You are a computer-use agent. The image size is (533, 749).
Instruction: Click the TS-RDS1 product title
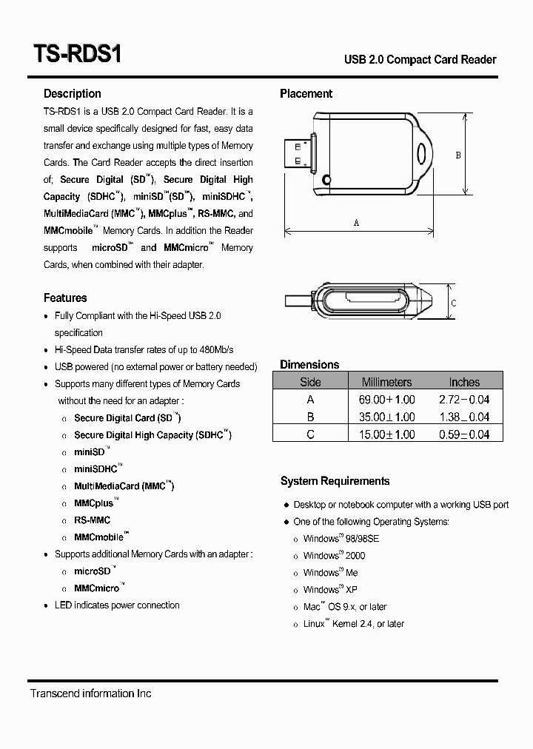[77, 56]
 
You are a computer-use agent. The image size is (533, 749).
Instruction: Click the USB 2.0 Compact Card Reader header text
[420, 59]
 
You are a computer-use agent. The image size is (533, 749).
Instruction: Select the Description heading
[72, 93]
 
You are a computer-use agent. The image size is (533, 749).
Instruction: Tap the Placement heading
[306, 93]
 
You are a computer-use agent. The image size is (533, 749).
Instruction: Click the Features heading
[65, 298]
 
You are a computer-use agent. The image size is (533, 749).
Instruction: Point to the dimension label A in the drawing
[356, 223]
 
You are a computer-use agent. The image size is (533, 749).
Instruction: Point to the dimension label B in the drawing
[458, 155]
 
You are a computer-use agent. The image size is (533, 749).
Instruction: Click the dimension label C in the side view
[454, 303]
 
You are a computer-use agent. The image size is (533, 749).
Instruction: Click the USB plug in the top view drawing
[298, 153]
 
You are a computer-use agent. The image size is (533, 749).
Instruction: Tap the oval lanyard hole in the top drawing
[423, 154]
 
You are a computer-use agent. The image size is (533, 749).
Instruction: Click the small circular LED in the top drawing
[326, 179]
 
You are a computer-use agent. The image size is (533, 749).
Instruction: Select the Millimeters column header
[386, 382]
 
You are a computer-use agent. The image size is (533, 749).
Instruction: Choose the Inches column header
[464, 382]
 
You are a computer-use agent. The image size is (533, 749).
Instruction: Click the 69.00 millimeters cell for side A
[386, 399]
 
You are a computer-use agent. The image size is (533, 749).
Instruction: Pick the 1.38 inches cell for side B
[464, 417]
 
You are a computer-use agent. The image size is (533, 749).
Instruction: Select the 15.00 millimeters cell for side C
[386, 434]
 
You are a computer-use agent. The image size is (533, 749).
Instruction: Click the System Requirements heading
[335, 481]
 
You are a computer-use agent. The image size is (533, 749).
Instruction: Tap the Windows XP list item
[329, 589]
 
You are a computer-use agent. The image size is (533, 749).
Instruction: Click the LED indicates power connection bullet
[117, 605]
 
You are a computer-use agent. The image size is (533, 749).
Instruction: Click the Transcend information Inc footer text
[90, 693]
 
